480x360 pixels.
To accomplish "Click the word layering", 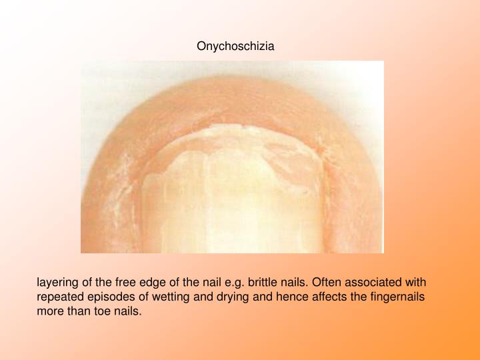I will pos(57,282).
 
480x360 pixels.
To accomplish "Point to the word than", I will pos(78,311).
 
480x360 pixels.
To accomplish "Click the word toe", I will pos(101,311).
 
